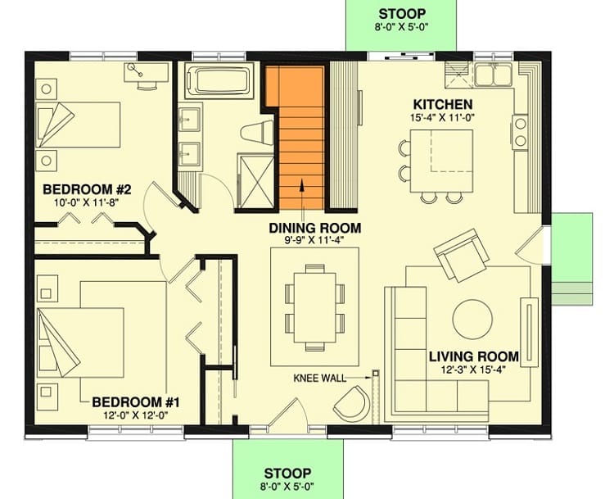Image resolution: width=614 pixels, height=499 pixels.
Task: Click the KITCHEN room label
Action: (x=442, y=105)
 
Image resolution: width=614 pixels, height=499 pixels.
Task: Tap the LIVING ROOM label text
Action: (x=473, y=356)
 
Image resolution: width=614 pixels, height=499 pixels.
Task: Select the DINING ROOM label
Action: (x=315, y=229)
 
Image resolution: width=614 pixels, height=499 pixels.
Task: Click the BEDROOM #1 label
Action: (x=135, y=402)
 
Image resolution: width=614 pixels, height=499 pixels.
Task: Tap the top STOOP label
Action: (x=401, y=14)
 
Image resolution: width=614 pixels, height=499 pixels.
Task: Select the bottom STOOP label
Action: (x=287, y=474)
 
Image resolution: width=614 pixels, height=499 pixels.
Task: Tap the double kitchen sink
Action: (x=493, y=75)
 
